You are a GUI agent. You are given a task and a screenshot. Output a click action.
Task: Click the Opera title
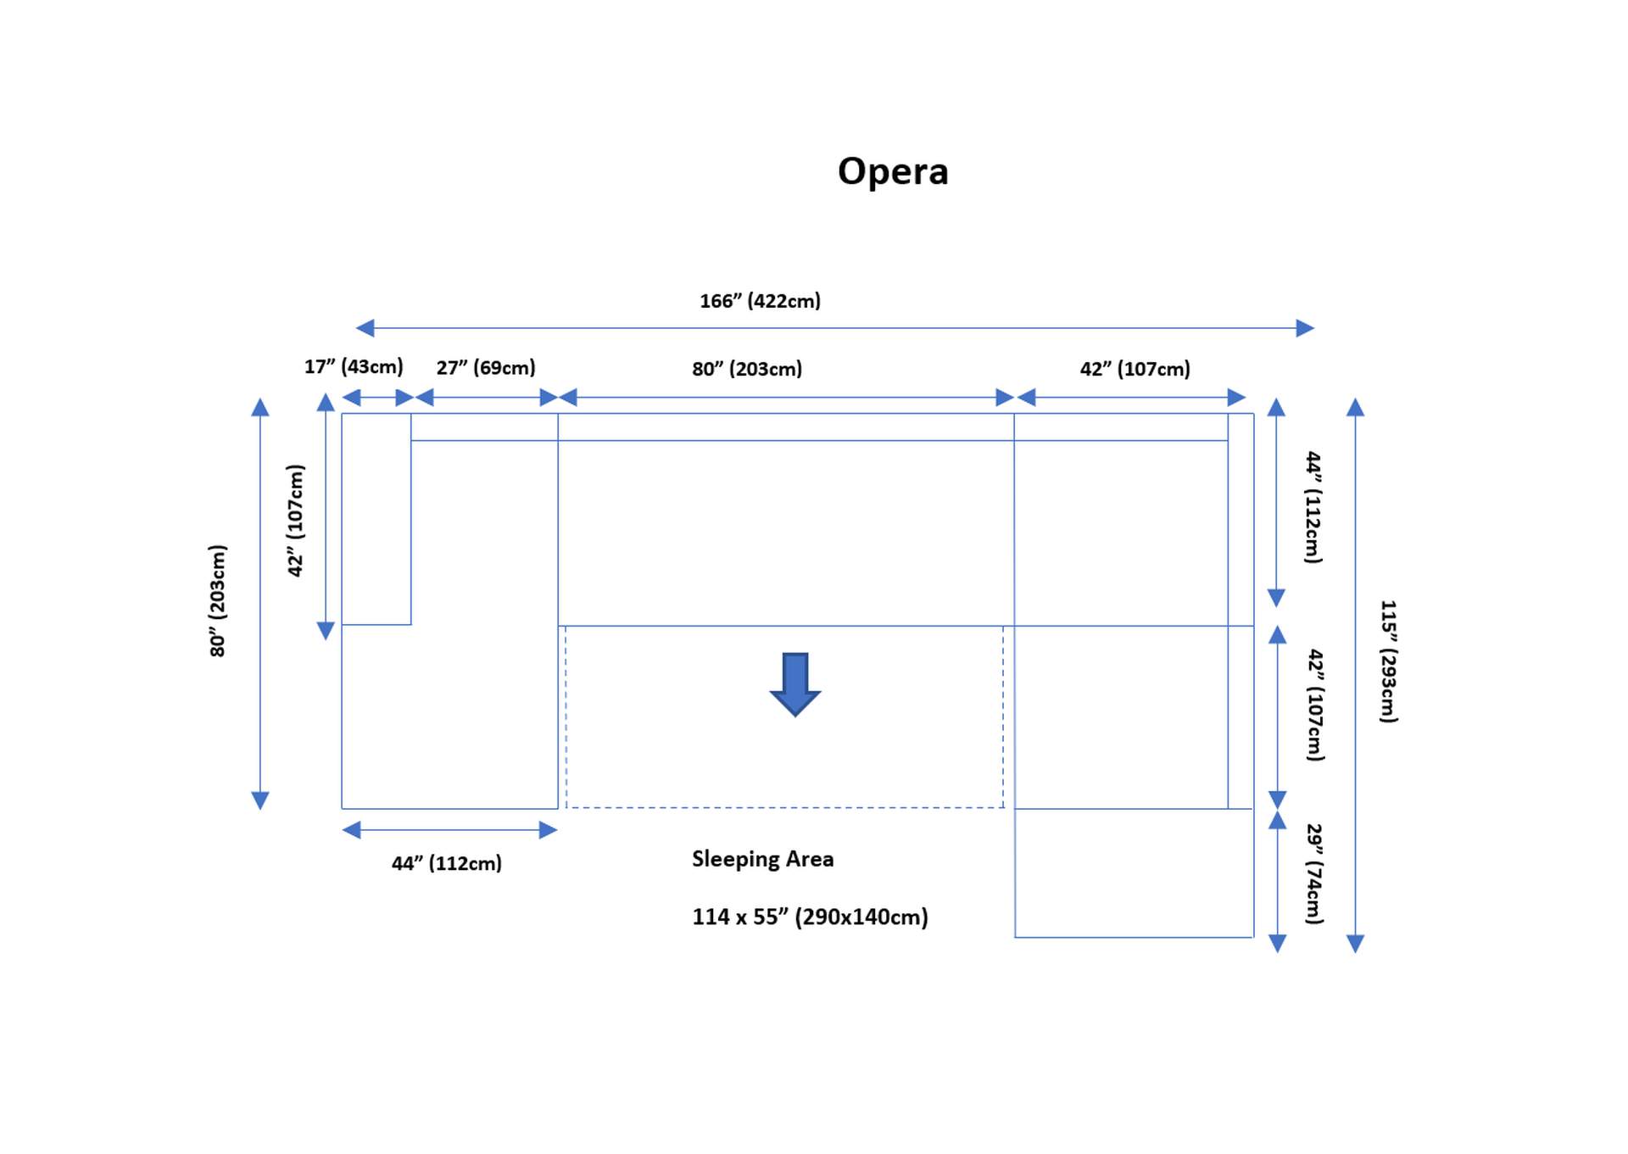pyautogui.click(x=893, y=171)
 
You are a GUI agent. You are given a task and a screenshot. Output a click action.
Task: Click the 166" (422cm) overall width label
pyautogui.click(x=760, y=301)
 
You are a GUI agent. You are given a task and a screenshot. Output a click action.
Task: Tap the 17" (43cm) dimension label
pyautogui.click(x=354, y=366)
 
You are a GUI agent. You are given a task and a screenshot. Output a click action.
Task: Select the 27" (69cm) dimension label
pyautogui.click(x=486, y=367)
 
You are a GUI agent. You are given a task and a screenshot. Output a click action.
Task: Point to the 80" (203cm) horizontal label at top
pyautogui.click(x=747, y=369)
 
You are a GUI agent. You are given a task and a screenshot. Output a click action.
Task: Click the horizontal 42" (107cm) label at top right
pyautogui.click(x=1135, y=369)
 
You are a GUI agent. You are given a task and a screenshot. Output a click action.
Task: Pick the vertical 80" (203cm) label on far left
pyautogui.click(x=218, y=600)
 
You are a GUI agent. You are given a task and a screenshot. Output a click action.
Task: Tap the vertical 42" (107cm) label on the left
pyautogui.click(x=295, y=521)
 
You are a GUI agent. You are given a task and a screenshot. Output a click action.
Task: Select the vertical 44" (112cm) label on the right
pyautogui.click(x=1313, y=507)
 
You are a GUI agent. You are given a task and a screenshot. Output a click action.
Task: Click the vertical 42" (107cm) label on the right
pyautogui.click(x=1314, y=705)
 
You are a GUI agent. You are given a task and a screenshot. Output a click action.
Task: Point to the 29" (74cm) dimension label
pyautogui.click(x=1313, y=873)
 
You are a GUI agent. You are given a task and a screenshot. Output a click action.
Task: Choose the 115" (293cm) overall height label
pyautogui.click(x=1388, y=661)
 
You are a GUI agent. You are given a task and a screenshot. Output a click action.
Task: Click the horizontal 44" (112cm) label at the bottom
pyautogui.click(x=447, y=863)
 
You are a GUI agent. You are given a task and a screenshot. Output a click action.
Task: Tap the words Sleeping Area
pyautogui.click(x=762, y=859)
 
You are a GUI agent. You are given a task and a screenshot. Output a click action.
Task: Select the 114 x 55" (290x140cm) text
pyautogui.click(x=810, y=917)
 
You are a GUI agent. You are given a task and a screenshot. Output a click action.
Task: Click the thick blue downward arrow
pyautogui.click(x=794, y=683)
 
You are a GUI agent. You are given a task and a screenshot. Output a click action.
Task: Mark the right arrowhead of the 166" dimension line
pyautogui.click(x=1305, y=328)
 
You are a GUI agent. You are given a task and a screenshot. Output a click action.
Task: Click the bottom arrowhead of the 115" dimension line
pyautogui.click(x=1355, y=944)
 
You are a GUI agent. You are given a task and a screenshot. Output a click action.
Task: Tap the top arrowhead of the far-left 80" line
pyautogui.click(x=260, y=408)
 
